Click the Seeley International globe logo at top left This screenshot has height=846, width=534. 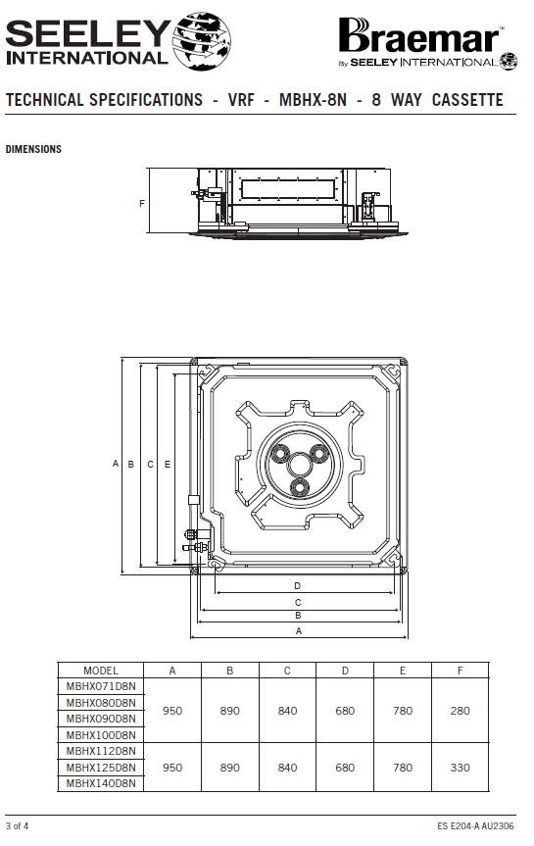(202, 41)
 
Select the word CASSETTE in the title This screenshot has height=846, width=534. (467, 100)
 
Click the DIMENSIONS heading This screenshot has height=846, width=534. (33, 149)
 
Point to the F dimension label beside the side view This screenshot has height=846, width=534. (142, 203)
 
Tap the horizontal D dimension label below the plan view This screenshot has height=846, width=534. (297, 586)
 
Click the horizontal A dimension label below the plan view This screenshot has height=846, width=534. (299, 630)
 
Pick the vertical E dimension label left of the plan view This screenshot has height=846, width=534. (168, 464)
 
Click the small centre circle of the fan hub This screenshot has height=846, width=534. (300, 464)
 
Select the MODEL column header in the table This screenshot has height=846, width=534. (101, 671)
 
